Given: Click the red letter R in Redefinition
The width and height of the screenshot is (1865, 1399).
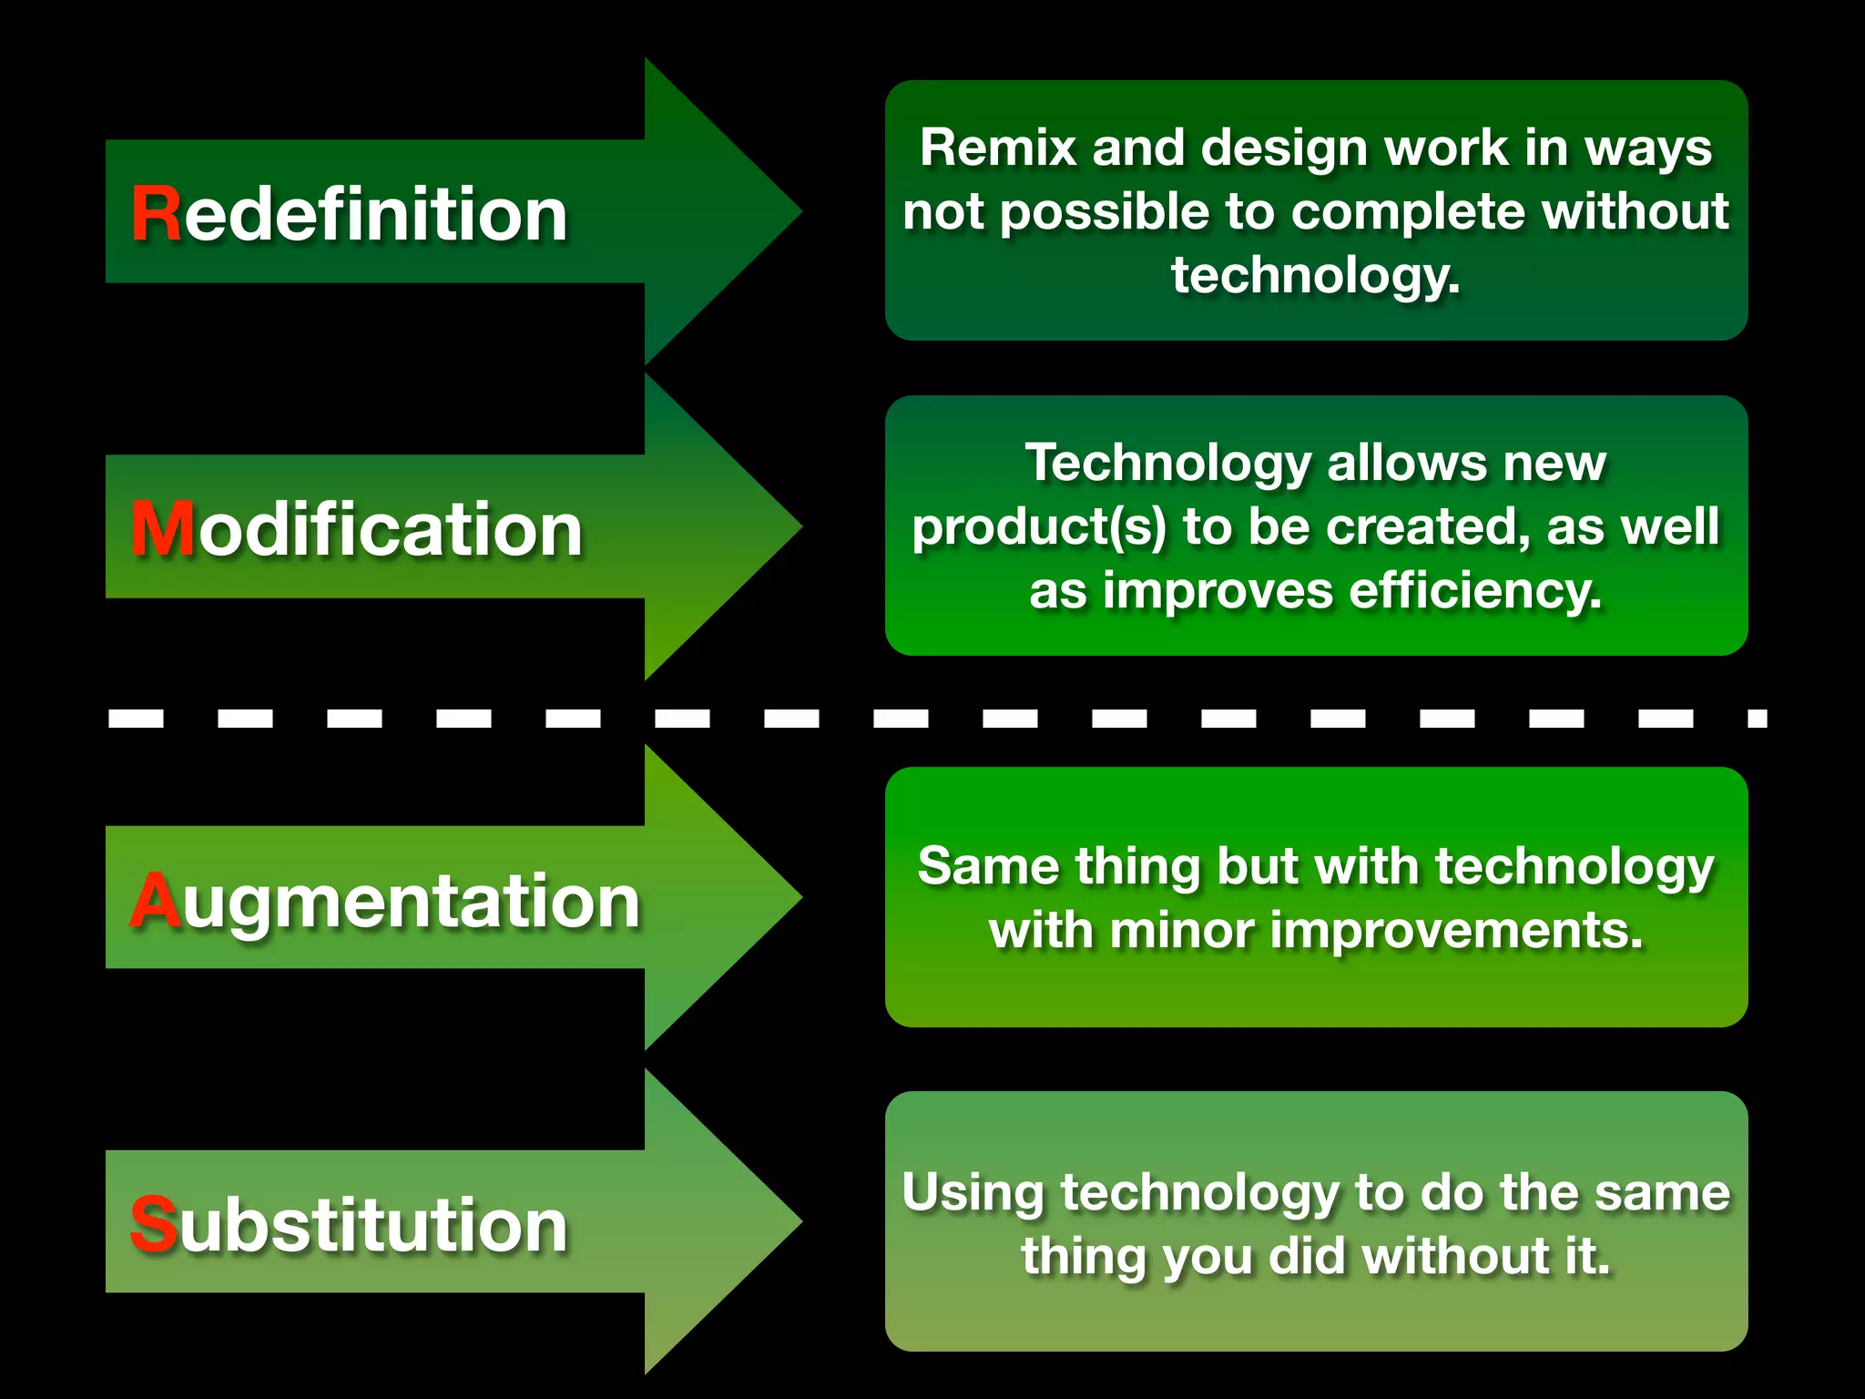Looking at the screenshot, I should coord(156,214).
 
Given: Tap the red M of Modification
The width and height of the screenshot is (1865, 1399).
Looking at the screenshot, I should coord(163,529).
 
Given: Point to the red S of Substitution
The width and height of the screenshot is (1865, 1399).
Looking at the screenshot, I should coord(153,1225).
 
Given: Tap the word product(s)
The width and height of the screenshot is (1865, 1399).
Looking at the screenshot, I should coord(1039,527).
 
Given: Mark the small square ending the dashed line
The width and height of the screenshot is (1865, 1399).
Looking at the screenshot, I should coord(1758,719).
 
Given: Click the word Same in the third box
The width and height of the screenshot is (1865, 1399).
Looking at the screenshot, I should coord(987,866).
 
